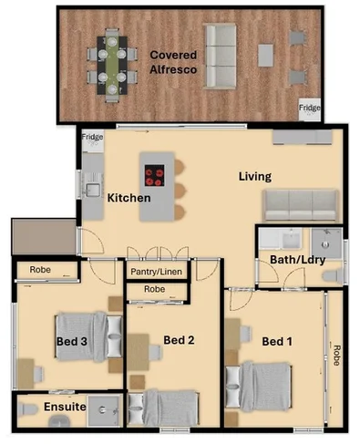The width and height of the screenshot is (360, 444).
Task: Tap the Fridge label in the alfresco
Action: pos(310,107)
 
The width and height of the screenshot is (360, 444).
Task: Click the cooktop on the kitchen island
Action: pos(154,173)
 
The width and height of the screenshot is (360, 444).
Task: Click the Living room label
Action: pos(256,176)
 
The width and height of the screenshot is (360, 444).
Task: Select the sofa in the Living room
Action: pos(301,202)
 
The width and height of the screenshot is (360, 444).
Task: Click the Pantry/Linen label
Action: pos(156,272)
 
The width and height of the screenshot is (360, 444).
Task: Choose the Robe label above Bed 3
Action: pos(40,270)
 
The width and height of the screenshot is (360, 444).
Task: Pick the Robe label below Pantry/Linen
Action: pos(156,291)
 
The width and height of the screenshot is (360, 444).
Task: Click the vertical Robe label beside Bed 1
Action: pos(337,355)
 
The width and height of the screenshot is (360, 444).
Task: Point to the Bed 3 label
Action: pos(46,342)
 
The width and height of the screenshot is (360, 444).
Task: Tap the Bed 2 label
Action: pos(178,341)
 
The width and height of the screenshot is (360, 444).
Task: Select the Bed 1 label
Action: pos(276,342)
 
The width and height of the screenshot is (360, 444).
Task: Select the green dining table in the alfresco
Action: pos(110,64)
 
